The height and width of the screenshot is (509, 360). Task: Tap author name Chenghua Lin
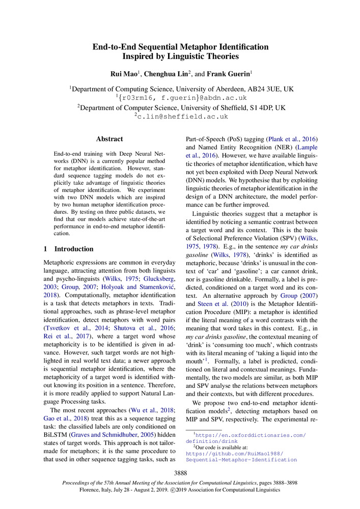click(x=164, y=74)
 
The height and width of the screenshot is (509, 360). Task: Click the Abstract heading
click(x=109, y=138)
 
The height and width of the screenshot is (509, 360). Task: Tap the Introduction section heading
click(x=74, y=249)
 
